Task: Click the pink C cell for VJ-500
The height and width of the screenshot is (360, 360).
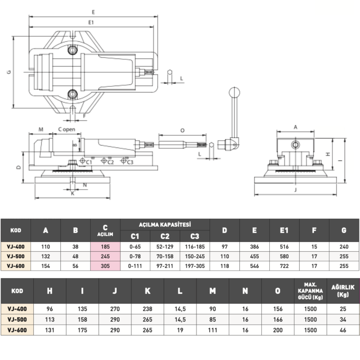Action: click(105, 256)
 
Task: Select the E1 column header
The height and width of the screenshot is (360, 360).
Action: click(284, 230)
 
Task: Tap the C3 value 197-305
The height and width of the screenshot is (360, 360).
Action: click(195, 266)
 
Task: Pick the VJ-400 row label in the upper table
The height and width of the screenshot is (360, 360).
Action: click(16, 247)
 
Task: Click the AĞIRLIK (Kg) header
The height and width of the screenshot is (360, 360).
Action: click(343, 291)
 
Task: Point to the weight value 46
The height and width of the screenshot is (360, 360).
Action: click(343, 330)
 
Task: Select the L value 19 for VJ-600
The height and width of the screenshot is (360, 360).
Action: click(180, 330)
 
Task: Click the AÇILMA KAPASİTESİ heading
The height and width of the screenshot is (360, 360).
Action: click(165, 225)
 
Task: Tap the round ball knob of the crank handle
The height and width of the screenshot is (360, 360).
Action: click(234, 93)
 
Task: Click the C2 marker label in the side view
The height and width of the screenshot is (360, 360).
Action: click(110, 162)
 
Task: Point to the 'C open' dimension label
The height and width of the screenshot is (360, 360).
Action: click(67, 129)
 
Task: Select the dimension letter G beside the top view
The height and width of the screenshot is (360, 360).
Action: click(9, 72)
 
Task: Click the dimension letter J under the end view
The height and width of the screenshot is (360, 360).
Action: click(295, 190)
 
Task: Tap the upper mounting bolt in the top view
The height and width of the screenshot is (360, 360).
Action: click(72, 50)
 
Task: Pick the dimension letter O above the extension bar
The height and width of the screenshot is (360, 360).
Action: click(182, 130)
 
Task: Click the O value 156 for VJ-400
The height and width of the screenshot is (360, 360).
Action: click(278, 309)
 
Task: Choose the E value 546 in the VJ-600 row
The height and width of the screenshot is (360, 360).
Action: click(254, 266)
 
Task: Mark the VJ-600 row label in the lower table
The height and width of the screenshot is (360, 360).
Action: click(17, 330)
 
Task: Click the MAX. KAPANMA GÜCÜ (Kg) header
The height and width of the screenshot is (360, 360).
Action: click(310, 291)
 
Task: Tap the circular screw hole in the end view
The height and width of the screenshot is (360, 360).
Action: click(295, 145)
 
